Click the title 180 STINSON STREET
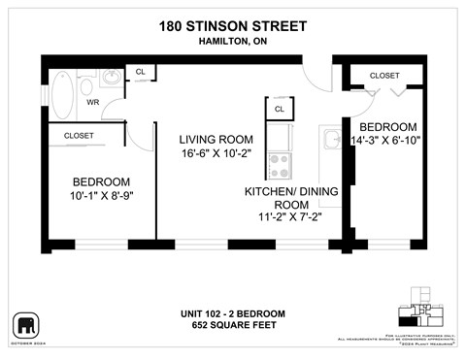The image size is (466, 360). [232, 27]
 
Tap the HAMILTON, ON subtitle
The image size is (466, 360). [232, 42]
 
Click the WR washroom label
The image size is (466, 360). [93, 101]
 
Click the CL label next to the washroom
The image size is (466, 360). [141, 73]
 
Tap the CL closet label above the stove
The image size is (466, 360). [280, 110]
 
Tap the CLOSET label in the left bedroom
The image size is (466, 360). [79, 137]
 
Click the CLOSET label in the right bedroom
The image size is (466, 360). [384, 75]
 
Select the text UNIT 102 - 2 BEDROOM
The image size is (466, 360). [232, 313]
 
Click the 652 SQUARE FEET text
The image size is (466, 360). [232, 326]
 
